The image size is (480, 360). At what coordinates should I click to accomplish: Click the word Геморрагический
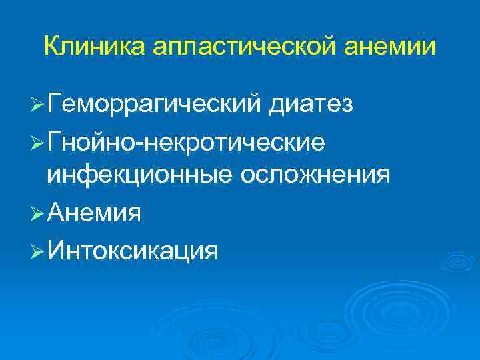pyautogui.click(x=155, y=105)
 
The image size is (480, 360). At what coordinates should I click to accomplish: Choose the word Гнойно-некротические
pyautogui.click(x=187, y=141)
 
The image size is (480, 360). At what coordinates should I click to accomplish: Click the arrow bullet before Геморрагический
pyautogui.click(x=38, y=105)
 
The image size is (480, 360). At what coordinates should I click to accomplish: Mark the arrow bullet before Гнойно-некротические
pyautogui.click(x=38, y=141)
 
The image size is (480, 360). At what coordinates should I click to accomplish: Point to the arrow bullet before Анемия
pyautogui.click(x=38, y=215)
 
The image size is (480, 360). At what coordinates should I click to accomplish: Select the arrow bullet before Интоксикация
pyautogui.click(x=38, y=252)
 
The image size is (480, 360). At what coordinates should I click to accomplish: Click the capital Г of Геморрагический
pyautogui.click(x=55, y=103)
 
